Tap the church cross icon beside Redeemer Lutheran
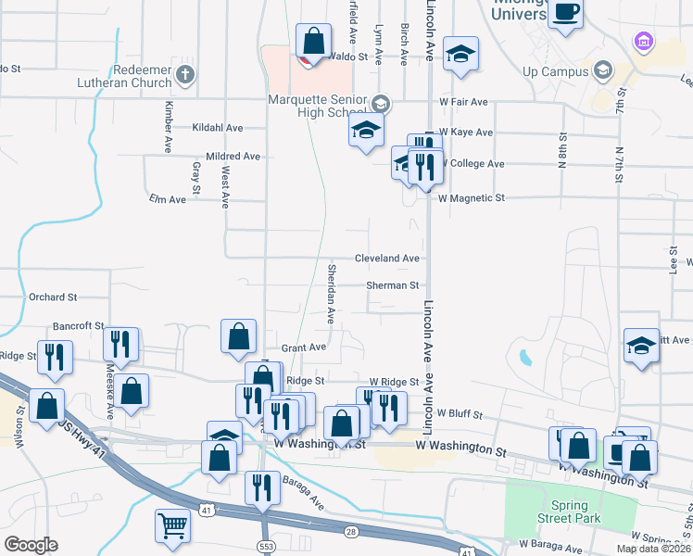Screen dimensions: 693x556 pyautogui.click(x=185, y=73)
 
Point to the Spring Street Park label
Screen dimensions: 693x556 pyautogui.click(x=568, y=512)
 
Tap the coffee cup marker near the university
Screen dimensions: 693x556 pyautogui.click(x=564, y=14)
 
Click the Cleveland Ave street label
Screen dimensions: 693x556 pyautogui.click(x=387, y=259)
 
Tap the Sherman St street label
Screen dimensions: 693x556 pyautogui.click(x=392, y=285)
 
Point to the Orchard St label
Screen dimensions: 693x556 pyautogui.click(x=52, y=297)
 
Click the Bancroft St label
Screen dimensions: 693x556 pyautogui.click(x=78, y=326)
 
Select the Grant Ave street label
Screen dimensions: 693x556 pyautogui.click(x=304, y=347)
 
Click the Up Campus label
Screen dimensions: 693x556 pyautogui.click(x=555, y=71)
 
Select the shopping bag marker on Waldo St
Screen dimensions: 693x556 pyautogui.click(x=313, y=42)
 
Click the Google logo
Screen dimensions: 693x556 pyautogui.click(x=30, y=545)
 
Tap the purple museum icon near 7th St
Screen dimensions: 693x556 pyautogui.click(x=642, y=41)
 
